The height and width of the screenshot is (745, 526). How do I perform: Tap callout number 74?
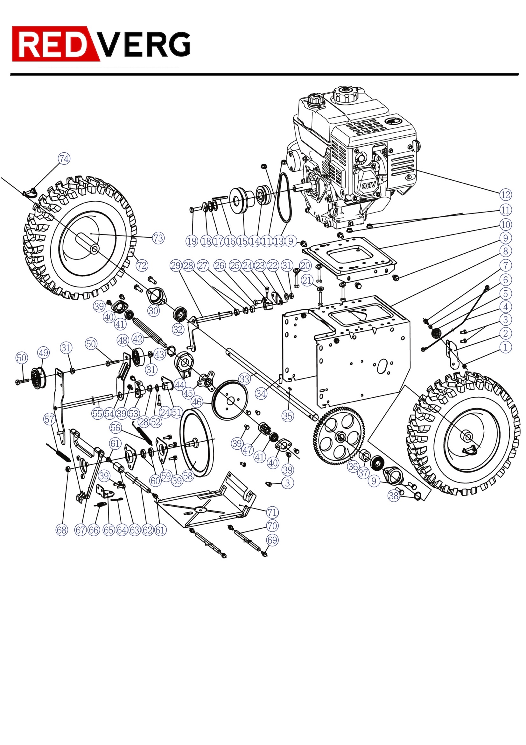coord(64,159)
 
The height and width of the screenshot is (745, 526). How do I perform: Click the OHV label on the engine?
coord(368,185)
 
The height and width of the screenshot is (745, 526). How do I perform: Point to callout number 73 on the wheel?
coord(158,238)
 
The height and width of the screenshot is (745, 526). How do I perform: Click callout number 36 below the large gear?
coord(353,467)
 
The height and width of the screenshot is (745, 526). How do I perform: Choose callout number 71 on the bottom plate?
coord(272,512)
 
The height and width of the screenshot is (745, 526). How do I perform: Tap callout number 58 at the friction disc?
coord(188,476)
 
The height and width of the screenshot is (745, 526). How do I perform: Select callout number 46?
coord(197,402)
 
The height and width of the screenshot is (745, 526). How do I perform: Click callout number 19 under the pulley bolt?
coord(192,241)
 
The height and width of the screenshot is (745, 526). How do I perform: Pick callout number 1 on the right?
coord(505,347)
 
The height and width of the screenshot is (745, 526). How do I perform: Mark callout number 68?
coord(62,530)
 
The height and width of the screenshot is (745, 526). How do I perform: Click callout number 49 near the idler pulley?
coord(43,353)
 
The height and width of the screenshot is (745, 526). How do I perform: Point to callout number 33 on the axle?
coord(244,379)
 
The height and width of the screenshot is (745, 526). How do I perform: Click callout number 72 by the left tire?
coord(142,266)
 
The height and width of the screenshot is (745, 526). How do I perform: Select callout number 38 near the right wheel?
coord(393,495)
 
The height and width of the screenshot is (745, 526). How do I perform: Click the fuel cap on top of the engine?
coord(345,94)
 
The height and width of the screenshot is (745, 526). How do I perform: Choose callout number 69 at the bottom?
coord(272,540)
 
